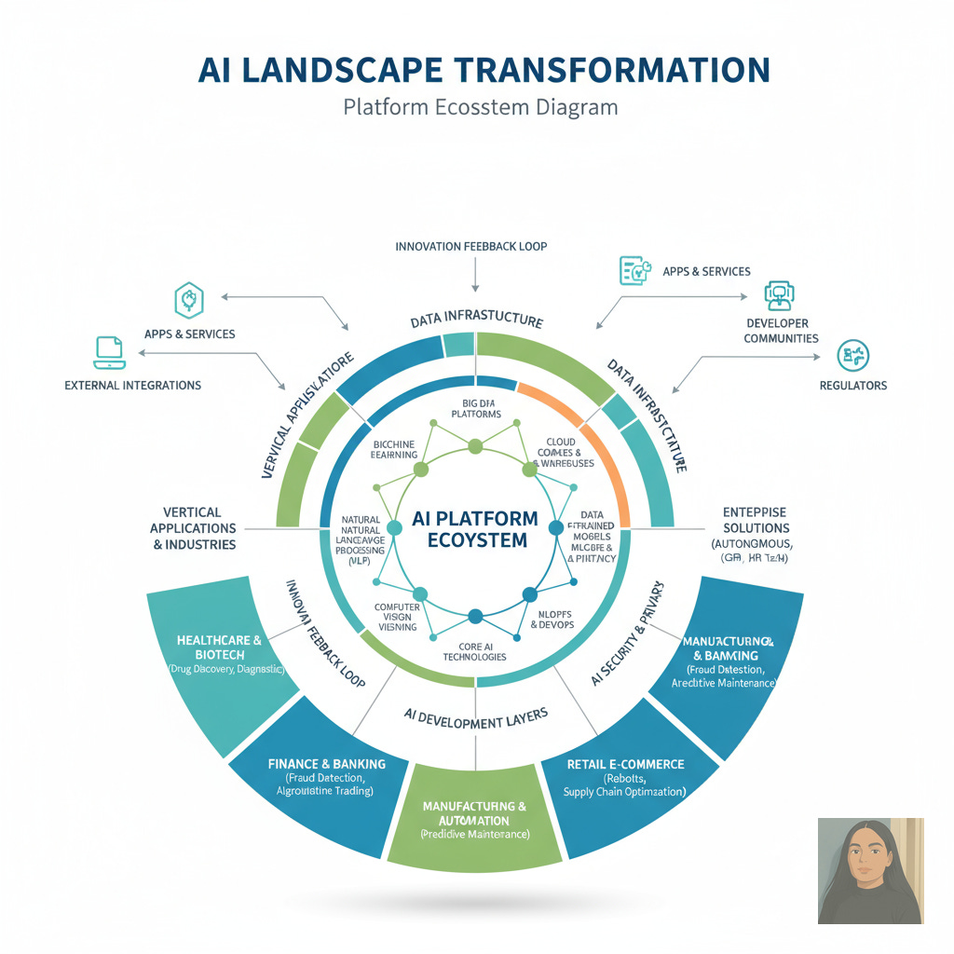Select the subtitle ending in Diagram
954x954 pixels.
pyautogui.click(x=480, y=106)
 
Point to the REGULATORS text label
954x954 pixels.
pyautogui.click(x=852, y=385)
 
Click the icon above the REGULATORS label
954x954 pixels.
pyautogui.click(x=852, y=355)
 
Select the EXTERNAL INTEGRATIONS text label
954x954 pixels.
pyautogui.click(x=132, y=385)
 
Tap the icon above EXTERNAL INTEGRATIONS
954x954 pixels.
pyautogui.click(x=109, y=349)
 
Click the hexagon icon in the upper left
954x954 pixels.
pyautogui.click(x=189, y=300)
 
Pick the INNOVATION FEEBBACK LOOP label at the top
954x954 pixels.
pyautogui.click(x=471, y=247)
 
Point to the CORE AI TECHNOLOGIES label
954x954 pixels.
pyautogui.click(x=475, y=651)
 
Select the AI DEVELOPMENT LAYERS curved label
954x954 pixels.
pyautogui.click(x=476, y=715)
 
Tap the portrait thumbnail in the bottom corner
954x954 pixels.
pyautogui.click(x=870, y=870)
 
